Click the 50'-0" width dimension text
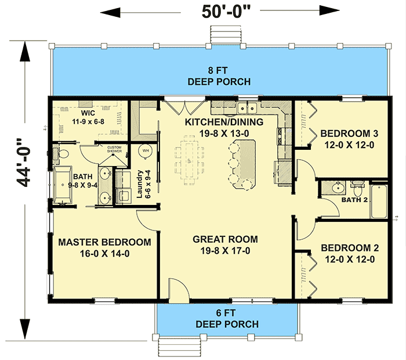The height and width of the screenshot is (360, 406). point(226,12)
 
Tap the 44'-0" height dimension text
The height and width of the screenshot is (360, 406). point(24,163)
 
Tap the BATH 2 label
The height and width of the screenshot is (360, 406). point(354,200)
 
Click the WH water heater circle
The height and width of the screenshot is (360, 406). point(146,150)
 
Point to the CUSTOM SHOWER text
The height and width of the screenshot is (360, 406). point(114,149)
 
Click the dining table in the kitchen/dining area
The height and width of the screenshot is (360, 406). point(190,160)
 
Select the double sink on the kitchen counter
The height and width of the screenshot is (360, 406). point(247,108)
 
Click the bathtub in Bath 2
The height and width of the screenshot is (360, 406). point(379,201)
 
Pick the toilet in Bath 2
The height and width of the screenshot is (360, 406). point(358,189)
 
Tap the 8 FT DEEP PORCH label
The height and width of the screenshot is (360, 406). point(219,76)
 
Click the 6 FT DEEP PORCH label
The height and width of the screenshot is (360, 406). point(227,319)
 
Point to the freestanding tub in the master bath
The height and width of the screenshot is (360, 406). point(63,185)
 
